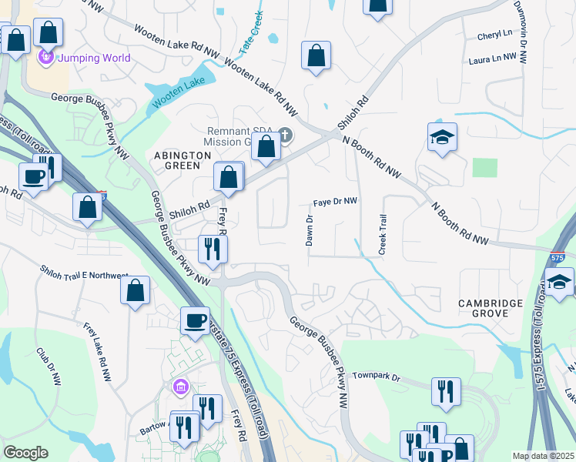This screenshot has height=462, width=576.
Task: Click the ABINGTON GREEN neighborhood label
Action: [183, 161]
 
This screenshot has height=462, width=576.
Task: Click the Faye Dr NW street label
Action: [335, 202]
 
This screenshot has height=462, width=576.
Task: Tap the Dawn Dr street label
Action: [310, 230]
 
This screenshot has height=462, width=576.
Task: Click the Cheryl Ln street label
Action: [494, 35]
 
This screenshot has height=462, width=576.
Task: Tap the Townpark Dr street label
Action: [377, 377]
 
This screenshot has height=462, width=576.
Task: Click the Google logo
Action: [25, 453]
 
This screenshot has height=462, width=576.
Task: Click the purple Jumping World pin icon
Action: [45, 57]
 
